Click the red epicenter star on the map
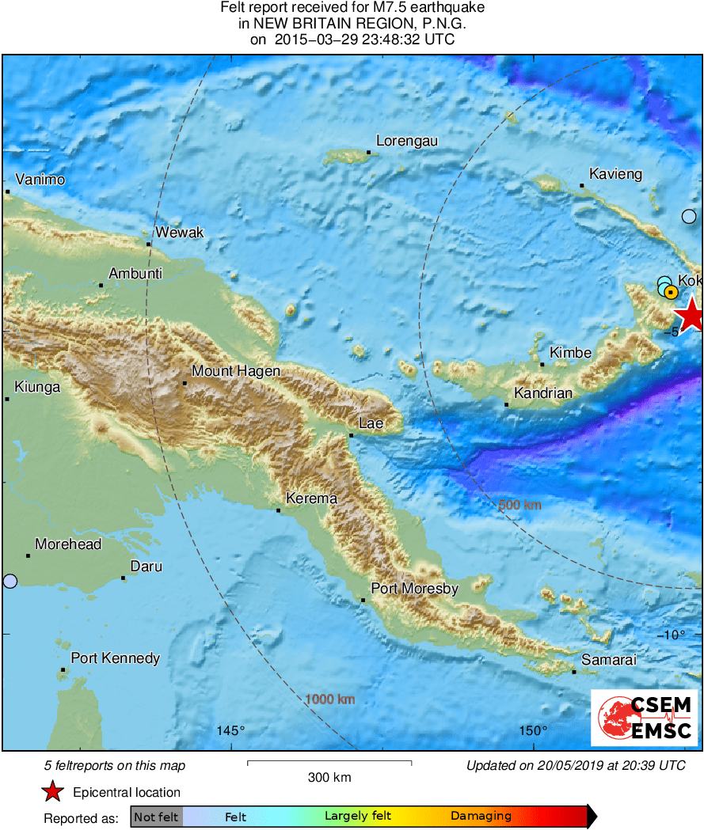(x=691, y=313)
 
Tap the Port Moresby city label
(x=415, y=589)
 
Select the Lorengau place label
(x=407, y=141)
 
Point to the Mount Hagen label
(x=236, y=371)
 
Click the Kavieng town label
(x=615, y=174)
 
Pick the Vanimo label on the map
(x=40, y=180)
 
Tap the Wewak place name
(x=180, y=233)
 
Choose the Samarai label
(x=608, y=659)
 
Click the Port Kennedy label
(x=116, y=658)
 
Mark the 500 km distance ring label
(x=519, y=505)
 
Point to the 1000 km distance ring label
(x=329, y=699)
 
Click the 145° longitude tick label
(x=231, y=730)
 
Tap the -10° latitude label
(x=674, y=634)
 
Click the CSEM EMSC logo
(x=644, y=717)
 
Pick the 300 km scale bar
(x=329, y=763)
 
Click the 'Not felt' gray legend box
(x=156, y=817)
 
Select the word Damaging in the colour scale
(x=481, y=817)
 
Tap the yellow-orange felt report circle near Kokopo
(x=671, y=293)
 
